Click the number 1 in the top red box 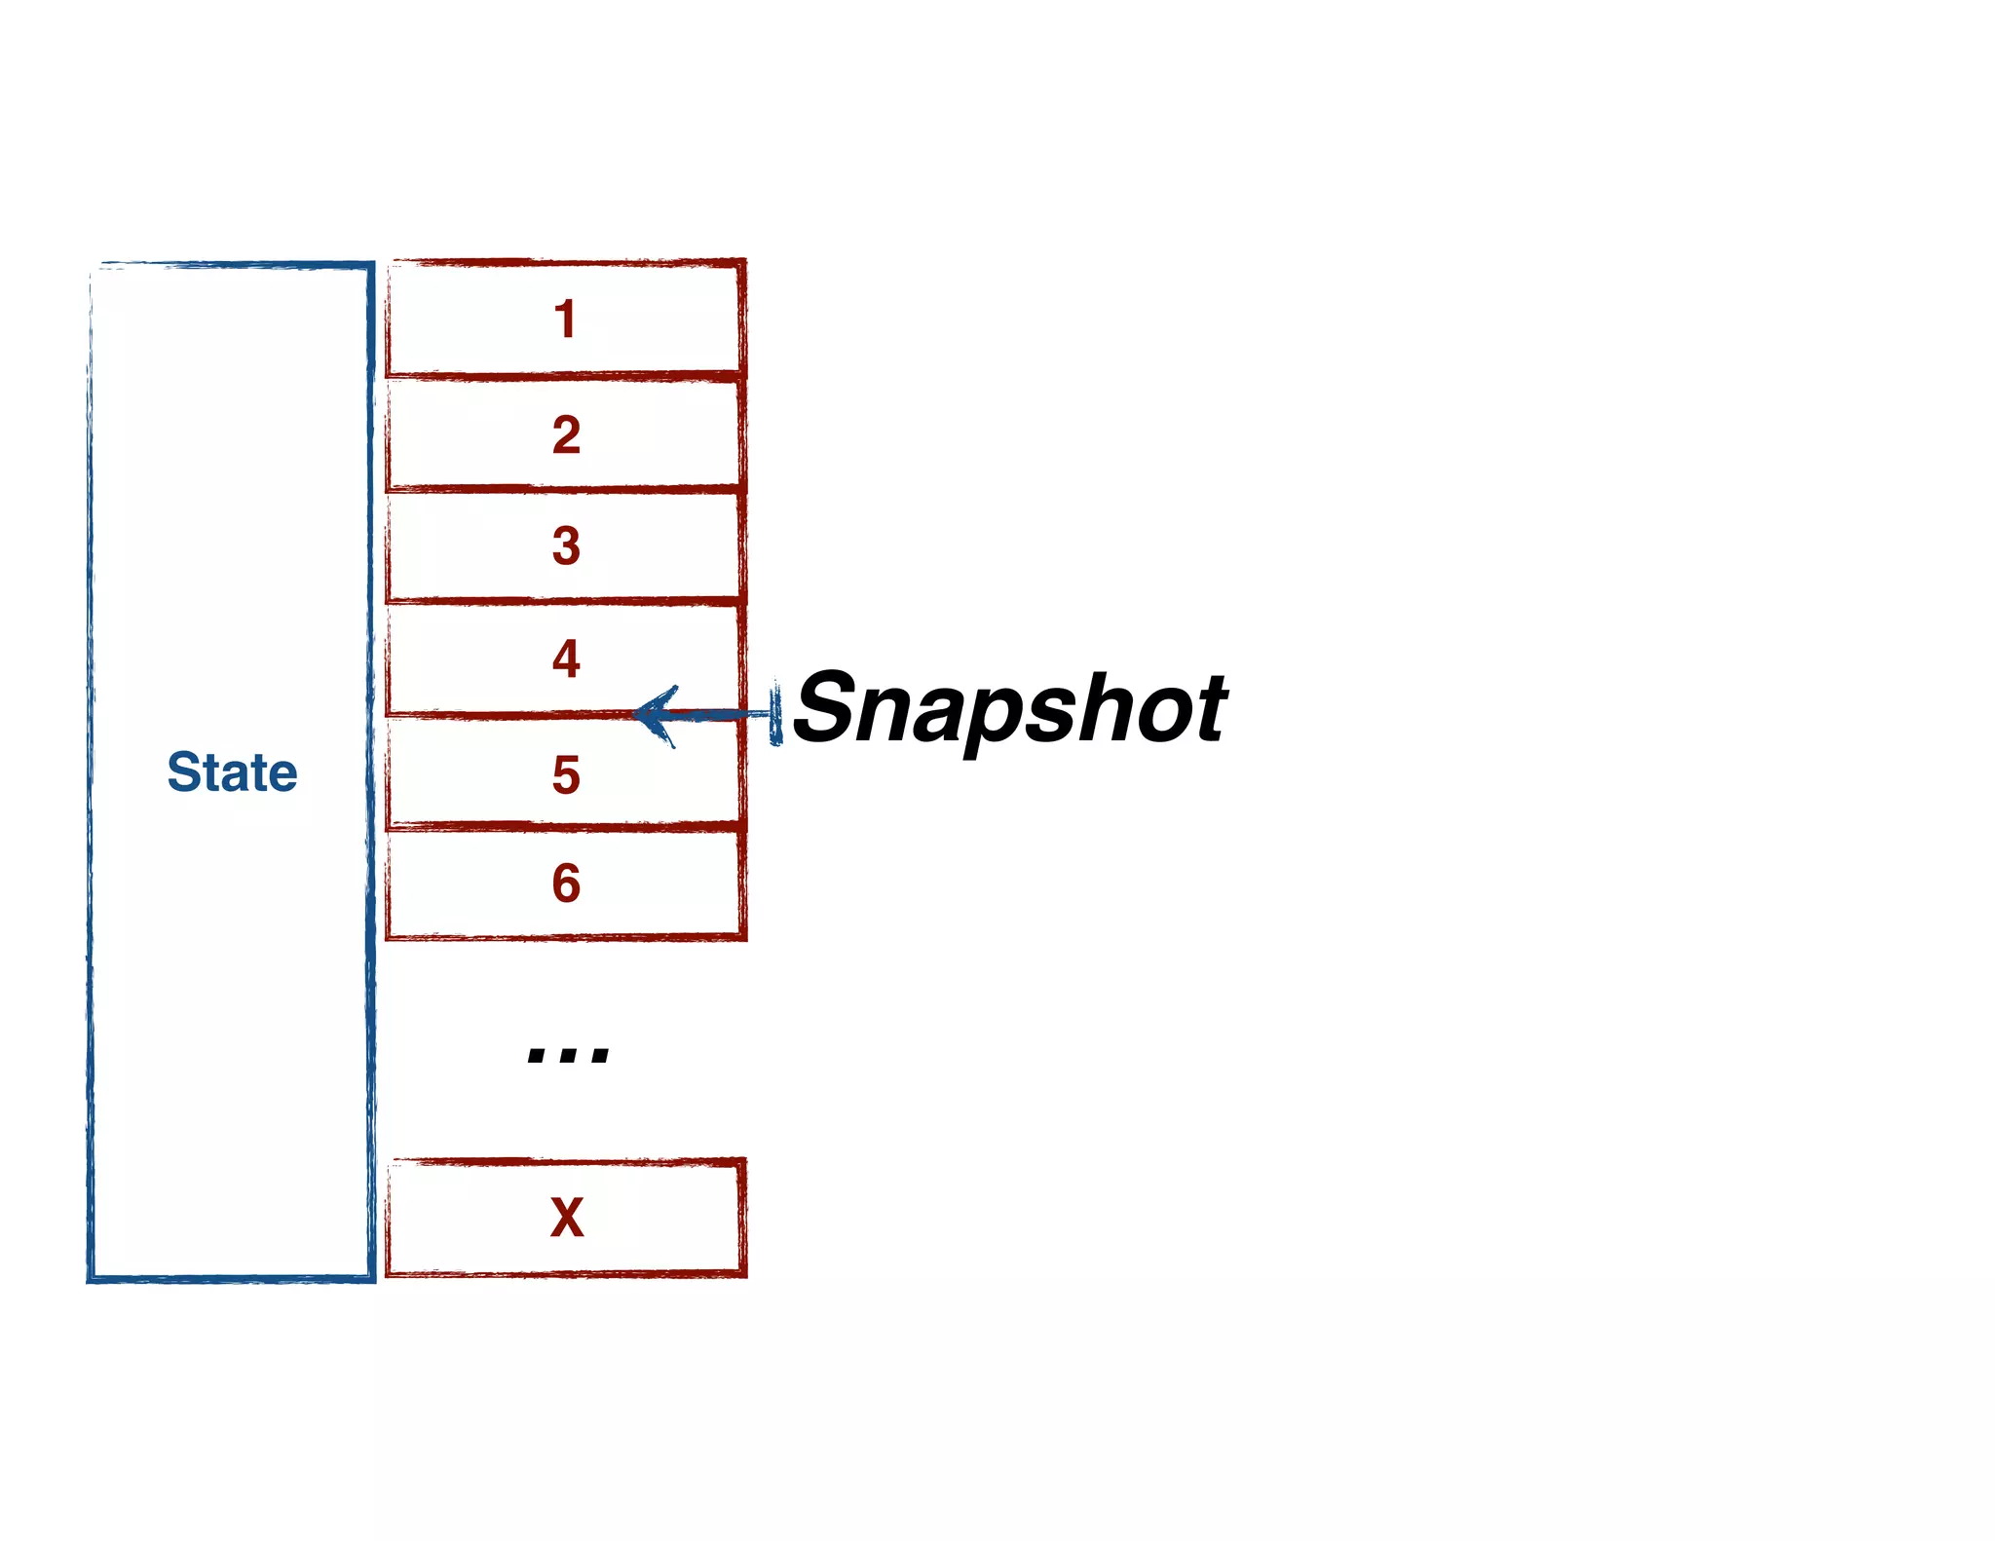[x=565, y=319]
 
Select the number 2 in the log [x=566, y=434]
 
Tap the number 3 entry [x=566, y=545]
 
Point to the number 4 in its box [x=566, y=658]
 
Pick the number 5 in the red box [x=566, y=775]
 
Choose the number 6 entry [x=566, y=883]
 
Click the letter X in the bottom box [x=567, y=1218]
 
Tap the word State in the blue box [x=232, y=772]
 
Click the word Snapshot [x=1010, y=708]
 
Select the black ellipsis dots [x=568, y=1055]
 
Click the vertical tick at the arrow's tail [x=775, y=714]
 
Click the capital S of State [x=183, y=772]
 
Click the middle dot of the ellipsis [x=568, y=1055]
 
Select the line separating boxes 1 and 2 [x=565, y=376]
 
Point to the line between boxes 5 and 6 [x=565, y=827]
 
